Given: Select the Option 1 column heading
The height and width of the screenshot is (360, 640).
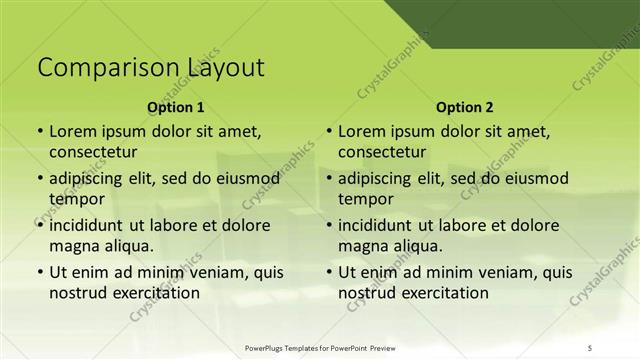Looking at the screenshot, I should (x=175, y=107).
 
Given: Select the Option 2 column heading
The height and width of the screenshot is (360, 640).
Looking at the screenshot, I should (x=464, y=107).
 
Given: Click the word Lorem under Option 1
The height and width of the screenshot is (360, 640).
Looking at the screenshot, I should (x=73, y=131).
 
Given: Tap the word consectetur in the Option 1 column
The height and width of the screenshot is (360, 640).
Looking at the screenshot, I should (x=93, y=152).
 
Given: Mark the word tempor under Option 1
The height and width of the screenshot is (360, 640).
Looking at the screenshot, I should (x=73, y=199).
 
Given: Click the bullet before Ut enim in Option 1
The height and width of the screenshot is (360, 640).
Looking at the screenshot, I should (x=39, y=272).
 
